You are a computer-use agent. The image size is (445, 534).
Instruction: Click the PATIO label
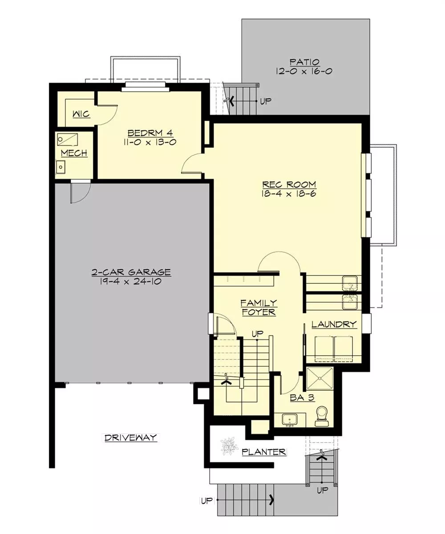coord(304,62)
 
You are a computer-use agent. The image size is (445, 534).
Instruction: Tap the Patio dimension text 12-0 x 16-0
coord(304,71)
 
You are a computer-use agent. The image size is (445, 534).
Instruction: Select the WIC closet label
coord(81,114)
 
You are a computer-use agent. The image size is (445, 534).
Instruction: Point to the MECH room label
coord(74,153)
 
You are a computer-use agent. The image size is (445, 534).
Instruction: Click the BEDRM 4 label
coord(150,133)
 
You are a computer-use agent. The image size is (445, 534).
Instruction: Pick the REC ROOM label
coord(289,184)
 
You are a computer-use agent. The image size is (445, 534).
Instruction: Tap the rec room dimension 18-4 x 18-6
coord(289,194)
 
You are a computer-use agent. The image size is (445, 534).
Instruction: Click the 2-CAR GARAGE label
coord(131,272)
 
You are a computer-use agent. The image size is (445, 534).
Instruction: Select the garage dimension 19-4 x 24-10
coord(131,282)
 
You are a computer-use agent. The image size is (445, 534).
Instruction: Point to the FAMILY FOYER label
coord(259,307)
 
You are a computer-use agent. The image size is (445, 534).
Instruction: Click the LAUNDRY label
coord(334,324)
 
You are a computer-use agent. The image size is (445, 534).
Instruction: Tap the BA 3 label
coord(302,398)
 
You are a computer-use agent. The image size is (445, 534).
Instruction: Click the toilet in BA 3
coord(322,417)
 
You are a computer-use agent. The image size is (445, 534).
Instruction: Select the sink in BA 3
coord(290,420)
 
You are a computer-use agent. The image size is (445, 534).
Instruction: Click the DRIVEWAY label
coord(131,437)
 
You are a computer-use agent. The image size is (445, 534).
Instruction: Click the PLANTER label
coord(264,452)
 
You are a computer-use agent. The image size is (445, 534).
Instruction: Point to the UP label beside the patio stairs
coord(266,101)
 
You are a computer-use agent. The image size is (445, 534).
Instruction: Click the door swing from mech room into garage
coord(81,192)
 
